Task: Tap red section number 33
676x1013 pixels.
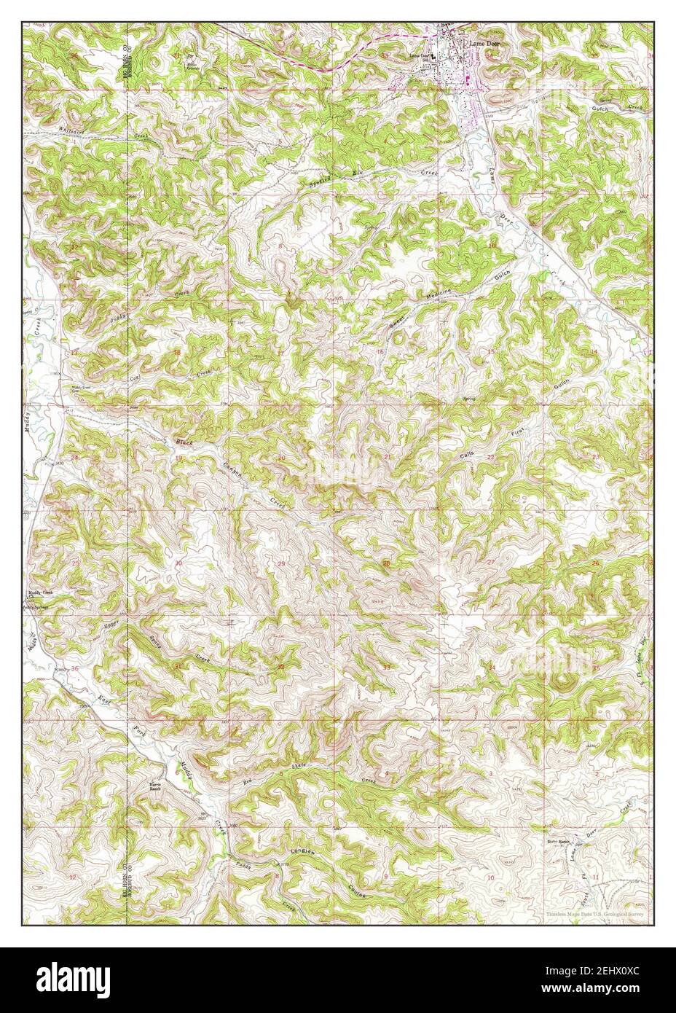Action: [387, 668]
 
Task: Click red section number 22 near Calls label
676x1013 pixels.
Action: [491, 458]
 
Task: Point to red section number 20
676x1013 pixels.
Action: [282, 458]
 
